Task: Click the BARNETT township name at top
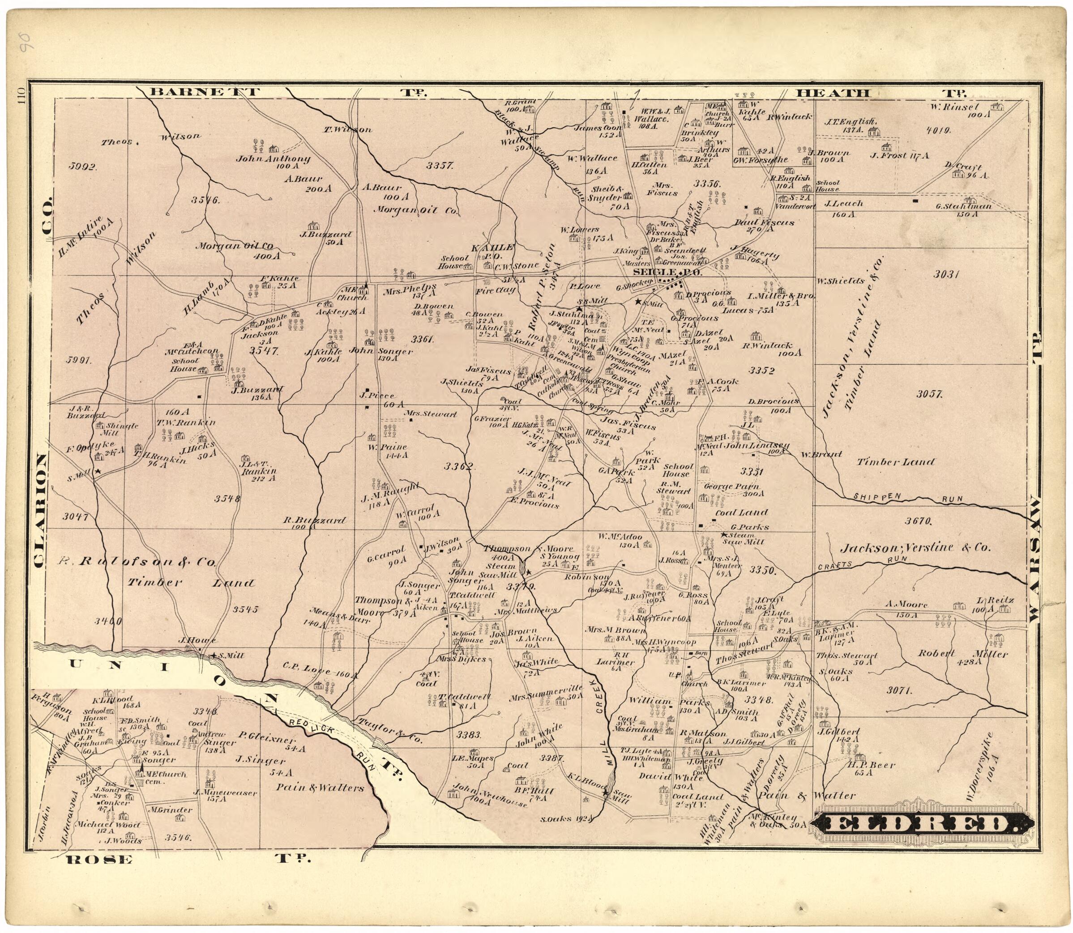(204, 93)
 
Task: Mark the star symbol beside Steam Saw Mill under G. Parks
(723, 535)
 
